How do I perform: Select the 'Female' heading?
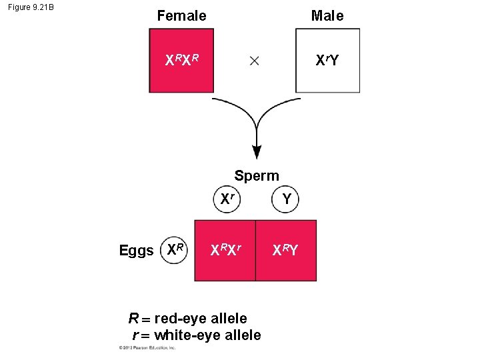181,15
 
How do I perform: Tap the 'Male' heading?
327,15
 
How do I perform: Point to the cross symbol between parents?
254,61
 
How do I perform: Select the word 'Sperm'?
257,176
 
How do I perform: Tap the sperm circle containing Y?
286,199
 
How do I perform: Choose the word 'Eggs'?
136,251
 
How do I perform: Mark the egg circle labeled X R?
176,250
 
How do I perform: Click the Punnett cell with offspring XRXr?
225,251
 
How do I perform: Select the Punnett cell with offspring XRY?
286,251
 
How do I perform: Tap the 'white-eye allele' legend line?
197,335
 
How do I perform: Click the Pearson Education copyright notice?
147,348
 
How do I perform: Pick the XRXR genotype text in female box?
181,61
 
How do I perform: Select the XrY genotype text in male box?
327,61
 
